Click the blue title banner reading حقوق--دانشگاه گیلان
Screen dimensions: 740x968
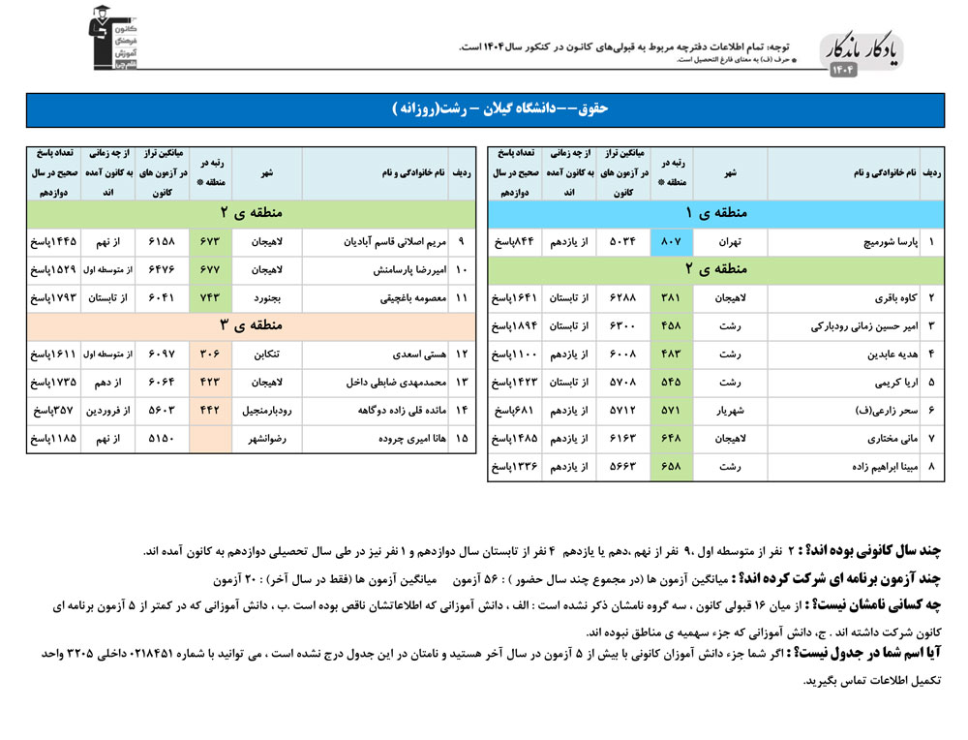484,109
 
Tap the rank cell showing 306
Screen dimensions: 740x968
211,355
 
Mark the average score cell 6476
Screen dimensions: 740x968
163,270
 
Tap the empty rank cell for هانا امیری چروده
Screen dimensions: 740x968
211,439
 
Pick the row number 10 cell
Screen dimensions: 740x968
461,270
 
